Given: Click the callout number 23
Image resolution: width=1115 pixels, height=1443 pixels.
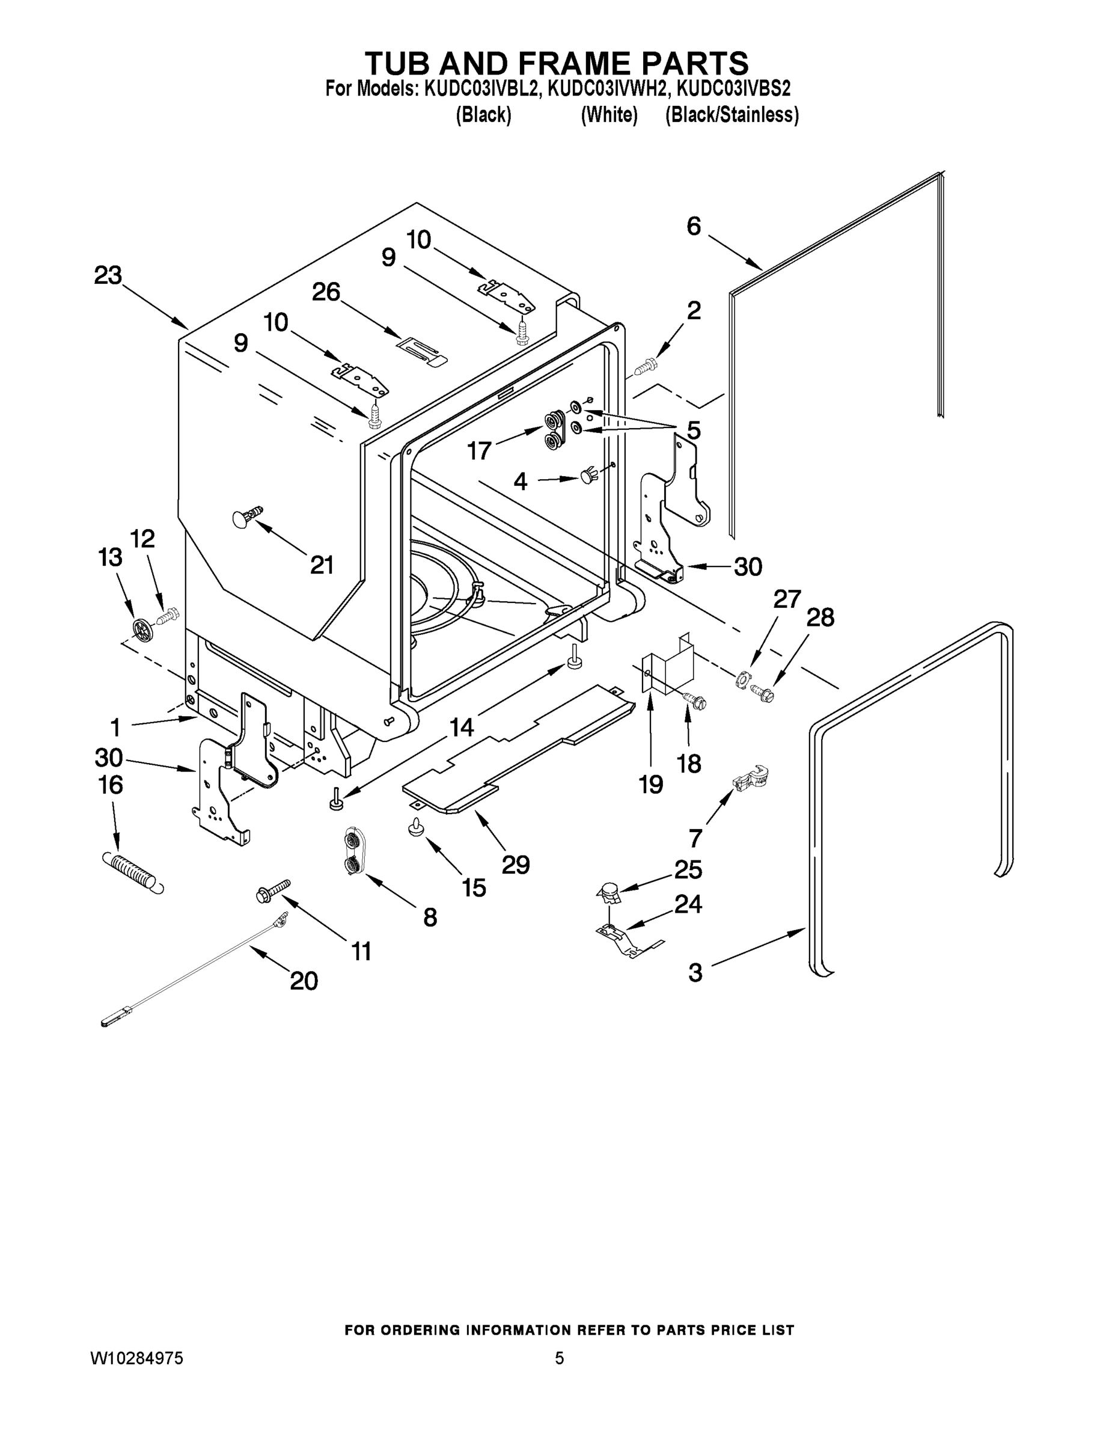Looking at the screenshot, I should (108, 275).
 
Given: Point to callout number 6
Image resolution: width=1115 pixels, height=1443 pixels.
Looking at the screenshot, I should (694, 227).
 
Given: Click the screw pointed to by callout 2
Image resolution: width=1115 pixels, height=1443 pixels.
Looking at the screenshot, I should (646, 366).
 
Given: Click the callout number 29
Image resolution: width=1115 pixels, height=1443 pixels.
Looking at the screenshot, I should (515, 865).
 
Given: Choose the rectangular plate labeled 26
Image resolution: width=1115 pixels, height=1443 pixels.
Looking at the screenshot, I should (422, 349).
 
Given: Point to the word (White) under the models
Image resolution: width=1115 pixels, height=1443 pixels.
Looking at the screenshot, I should (608, 115).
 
